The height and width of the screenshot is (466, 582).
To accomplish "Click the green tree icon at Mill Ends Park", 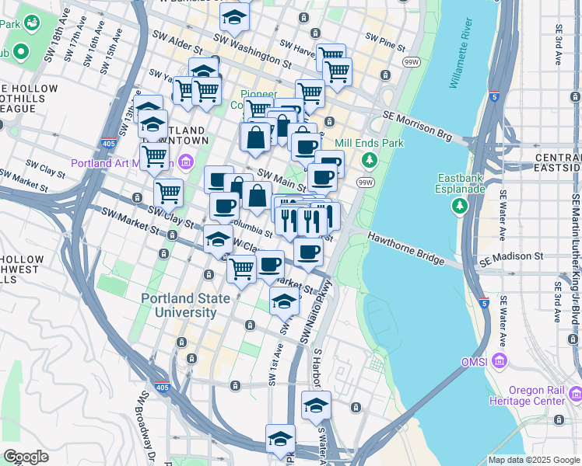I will point(370,161).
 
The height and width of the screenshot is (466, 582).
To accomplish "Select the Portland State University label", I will point(179,305).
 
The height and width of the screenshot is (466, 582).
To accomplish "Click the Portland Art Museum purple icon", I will point(186,162).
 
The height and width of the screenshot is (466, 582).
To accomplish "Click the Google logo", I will point(25,457).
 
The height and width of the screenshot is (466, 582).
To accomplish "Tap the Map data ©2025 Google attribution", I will point(533,460).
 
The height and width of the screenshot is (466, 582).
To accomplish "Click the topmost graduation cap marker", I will point(234,15).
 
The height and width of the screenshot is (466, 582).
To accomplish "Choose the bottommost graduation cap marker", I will point(280,437).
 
